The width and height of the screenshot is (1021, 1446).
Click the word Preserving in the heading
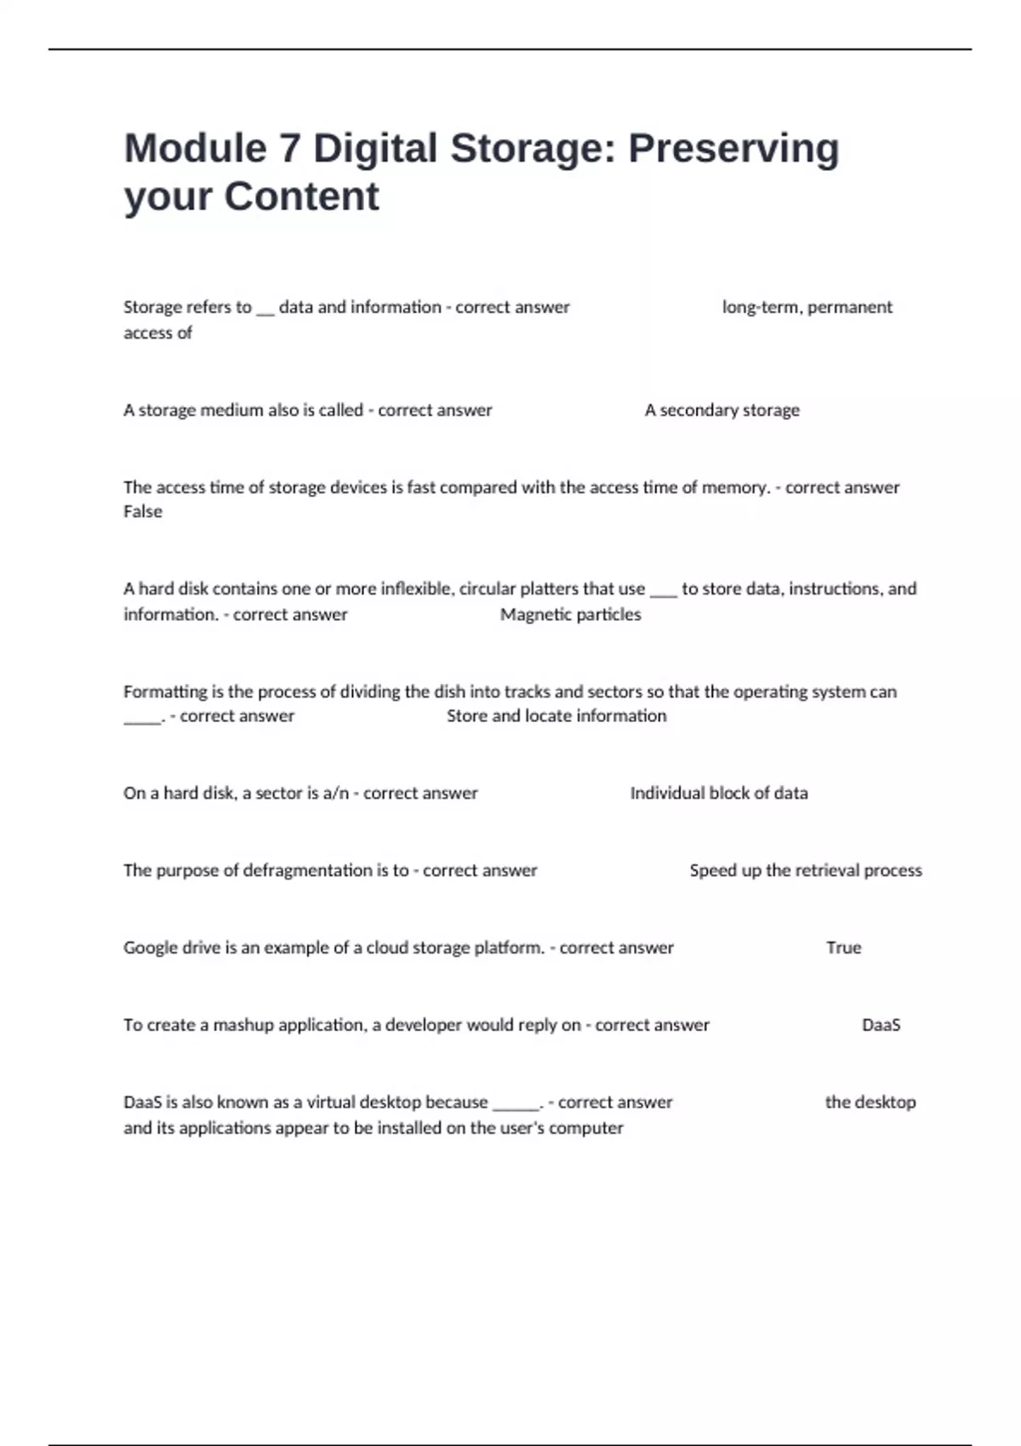[x=733, y=148]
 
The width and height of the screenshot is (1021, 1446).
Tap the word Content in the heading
[x=301, y=196]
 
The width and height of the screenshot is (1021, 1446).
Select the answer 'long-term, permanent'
[x=807, y=307]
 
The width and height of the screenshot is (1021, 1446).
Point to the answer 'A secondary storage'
[x=722, y=410]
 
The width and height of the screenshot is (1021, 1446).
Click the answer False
[x=143, y=511]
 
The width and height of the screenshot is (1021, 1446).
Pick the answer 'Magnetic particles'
[x=570, y=614]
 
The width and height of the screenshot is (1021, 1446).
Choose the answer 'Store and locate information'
[x=556, y=716]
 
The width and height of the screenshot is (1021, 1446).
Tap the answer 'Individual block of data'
[x=719, y=793]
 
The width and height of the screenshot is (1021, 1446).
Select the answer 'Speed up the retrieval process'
[x=806, y=870]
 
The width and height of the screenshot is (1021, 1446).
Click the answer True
[x=843, y=948]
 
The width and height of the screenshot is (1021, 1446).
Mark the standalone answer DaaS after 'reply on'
[x=881, y=1025]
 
